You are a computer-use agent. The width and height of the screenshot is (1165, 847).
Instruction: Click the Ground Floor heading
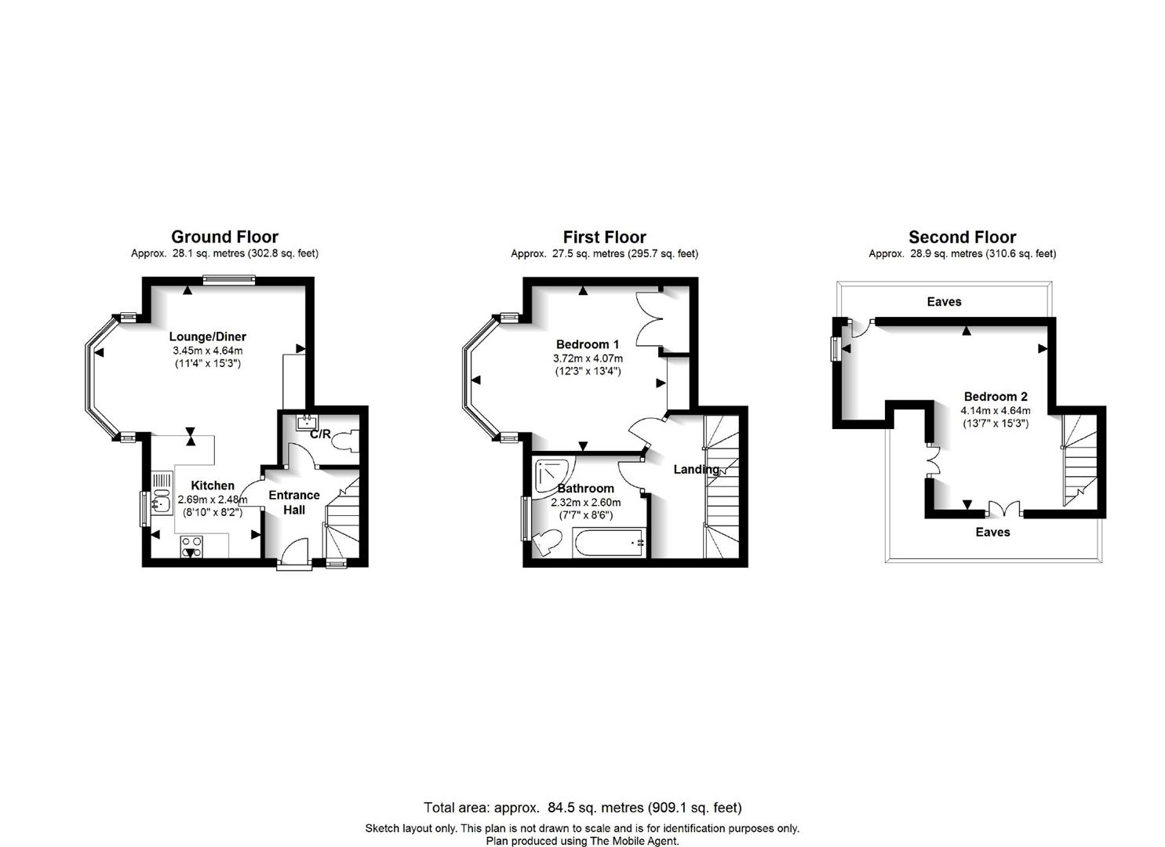pos(224,237)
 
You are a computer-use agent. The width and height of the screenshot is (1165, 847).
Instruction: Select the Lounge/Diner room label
pos(208,336)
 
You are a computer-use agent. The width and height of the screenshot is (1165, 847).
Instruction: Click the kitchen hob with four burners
pos(191,547)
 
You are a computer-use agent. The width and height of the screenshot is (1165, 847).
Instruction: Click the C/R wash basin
pos(308,423)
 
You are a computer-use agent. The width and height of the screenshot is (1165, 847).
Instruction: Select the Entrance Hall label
pos(294,502)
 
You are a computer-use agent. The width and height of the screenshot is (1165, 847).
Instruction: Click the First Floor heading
pos(604,237)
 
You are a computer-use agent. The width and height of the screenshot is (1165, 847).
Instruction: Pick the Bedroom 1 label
pos(588,344)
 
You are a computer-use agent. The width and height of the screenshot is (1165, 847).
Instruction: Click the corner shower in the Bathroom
pos(553,475)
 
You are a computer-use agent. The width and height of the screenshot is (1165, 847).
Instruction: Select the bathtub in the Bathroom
pos(609,543)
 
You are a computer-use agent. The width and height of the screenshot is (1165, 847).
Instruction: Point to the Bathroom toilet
pos(546,542)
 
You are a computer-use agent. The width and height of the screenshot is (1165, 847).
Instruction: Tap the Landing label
pos(696,470)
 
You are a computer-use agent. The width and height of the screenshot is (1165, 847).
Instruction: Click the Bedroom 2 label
pos(996,397)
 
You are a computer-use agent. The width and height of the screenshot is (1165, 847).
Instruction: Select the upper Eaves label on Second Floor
pos(944,302)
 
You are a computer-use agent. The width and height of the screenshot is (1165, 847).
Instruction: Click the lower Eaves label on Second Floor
pos(993,532)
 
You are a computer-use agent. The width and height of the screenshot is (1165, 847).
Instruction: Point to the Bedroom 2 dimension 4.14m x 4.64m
pos(996,410)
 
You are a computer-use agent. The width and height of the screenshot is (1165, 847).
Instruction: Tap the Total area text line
pos(582,808)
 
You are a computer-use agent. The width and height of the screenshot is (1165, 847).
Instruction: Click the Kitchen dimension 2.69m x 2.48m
pos(213,500)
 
